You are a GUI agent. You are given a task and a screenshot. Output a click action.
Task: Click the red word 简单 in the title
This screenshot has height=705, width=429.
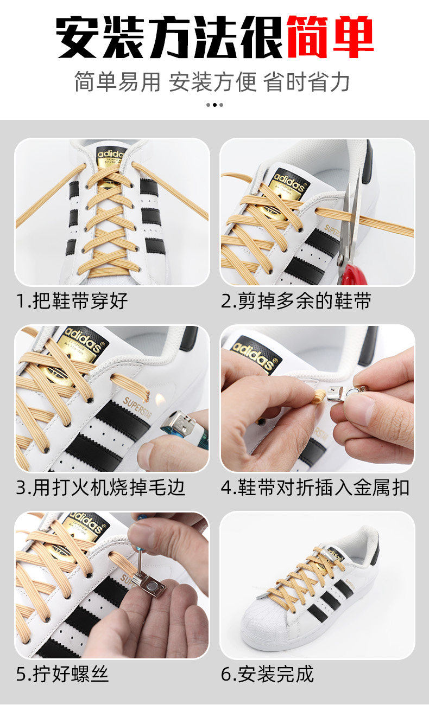[330, 37]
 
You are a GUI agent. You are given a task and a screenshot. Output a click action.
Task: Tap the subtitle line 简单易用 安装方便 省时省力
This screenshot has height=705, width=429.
[212, 82]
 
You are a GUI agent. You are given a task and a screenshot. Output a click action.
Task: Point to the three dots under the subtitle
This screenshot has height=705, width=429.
[214, 105]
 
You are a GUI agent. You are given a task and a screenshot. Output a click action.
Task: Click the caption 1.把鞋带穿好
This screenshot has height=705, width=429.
[72, 301]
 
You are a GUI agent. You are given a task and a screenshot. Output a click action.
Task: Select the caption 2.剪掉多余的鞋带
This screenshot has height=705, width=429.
[295, 301]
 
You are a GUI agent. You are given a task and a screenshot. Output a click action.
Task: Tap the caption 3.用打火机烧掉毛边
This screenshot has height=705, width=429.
[100, 488]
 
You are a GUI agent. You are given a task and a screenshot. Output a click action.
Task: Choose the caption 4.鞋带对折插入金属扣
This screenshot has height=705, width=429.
[315, 488]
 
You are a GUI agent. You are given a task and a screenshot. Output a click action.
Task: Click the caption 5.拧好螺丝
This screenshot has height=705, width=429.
[62, 674]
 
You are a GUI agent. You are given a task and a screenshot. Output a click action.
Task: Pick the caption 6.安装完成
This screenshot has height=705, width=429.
[267, 674]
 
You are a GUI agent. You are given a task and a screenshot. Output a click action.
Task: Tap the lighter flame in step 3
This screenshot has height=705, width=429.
[160, 400]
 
